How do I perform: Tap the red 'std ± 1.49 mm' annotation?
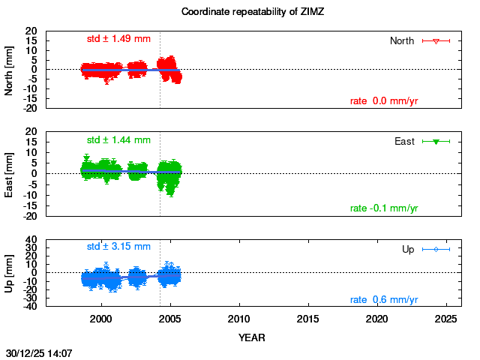tap(118, 39)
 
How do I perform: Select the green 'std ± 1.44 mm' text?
tap(118, 140)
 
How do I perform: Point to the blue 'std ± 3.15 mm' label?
tap(118, 247)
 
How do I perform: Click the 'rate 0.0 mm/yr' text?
tap(384, 101)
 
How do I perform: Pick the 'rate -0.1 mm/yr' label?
tap(384, 208)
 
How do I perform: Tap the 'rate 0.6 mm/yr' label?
tap(384, 300)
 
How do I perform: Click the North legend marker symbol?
tap(436, 41)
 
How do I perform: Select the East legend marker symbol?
tap(436, 142)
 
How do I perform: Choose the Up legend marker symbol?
tap(436, 249)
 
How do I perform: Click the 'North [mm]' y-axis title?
tap(10, 70)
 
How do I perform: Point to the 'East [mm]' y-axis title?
tap(10, 173)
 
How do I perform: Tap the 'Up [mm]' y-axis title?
tap(10, 272)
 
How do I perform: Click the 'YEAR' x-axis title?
tap(251, 337)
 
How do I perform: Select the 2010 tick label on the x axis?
tap(239, 319)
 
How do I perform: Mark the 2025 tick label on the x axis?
tap(446, 319)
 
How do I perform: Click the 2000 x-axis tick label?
tap(101, 319)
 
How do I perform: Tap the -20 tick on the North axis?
tap(31, 108)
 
